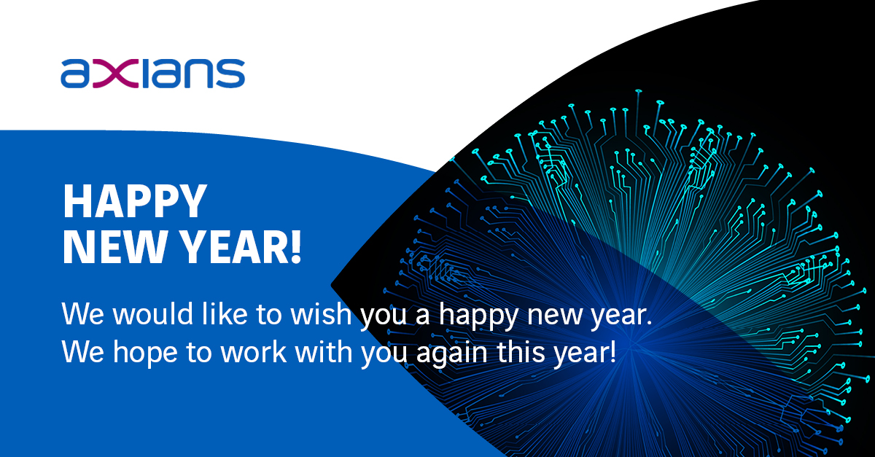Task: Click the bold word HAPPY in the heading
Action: tap(135, 201)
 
